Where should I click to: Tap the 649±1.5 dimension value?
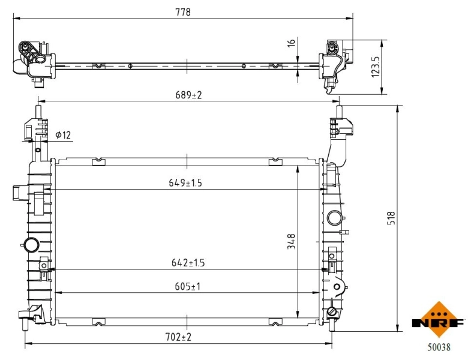point(185,183)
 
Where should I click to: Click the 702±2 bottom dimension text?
point(178,337)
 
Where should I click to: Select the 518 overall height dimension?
point(391,217)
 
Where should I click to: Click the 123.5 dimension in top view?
point(376,67)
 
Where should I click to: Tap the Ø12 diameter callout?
point(63,136)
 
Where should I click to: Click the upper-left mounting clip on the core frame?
point(98,161)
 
